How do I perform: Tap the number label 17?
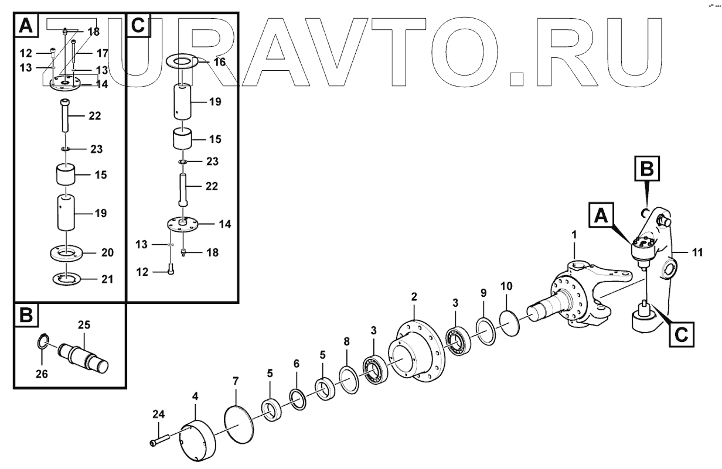[x=102, y=53]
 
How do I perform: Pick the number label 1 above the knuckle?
[x=574, y=234]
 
